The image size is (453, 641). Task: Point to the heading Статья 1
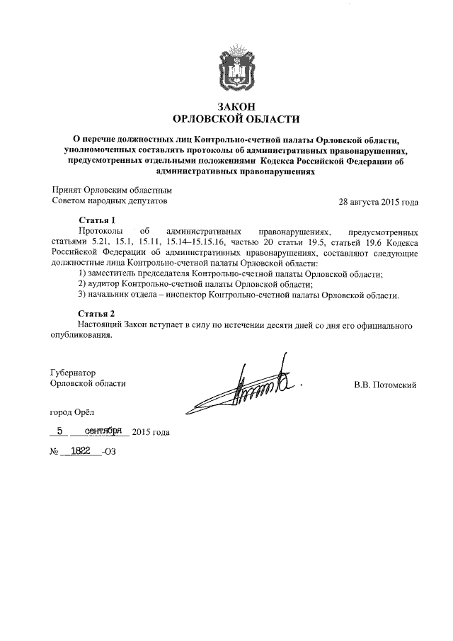96,220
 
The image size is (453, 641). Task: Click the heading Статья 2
96,314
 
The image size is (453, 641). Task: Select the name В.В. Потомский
386,385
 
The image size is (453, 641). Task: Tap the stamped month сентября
104,431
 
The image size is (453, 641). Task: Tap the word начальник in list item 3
114,295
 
